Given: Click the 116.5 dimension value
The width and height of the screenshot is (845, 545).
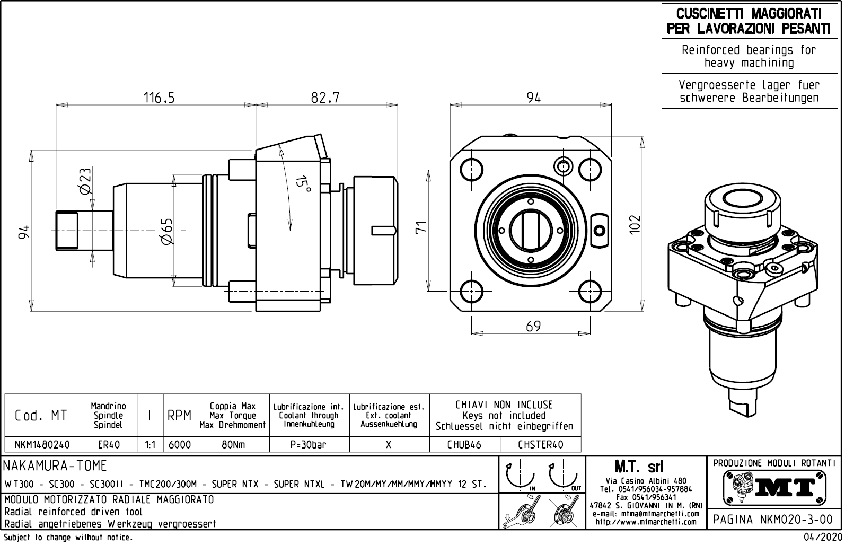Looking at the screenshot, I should (159, 98).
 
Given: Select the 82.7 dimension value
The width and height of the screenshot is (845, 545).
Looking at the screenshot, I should (325, 98).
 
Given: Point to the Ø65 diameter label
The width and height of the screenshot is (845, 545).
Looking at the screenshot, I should (166, 231).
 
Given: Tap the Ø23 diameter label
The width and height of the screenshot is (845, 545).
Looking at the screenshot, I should (85, 181).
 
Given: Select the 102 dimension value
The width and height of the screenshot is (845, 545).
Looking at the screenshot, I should (635, 224).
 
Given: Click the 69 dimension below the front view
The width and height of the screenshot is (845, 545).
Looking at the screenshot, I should (533, 326).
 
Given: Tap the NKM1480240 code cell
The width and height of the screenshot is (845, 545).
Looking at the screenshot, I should (42, 445).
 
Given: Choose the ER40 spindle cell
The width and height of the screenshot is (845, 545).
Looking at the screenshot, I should (109, 445).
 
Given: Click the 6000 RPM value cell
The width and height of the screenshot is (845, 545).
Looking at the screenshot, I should (180, 445).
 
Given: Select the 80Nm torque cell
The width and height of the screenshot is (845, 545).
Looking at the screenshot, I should (233, 445).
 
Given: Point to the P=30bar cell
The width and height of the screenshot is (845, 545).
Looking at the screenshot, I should (309, 445).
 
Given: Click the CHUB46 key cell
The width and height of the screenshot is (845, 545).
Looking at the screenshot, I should (464, 445).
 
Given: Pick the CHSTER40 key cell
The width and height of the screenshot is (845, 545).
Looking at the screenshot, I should (540, 445).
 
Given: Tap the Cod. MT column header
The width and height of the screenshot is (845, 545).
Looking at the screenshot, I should (41, 415).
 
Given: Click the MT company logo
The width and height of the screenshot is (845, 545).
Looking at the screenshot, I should (774, 487).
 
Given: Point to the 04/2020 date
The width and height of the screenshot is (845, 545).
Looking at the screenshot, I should (821, 538).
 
